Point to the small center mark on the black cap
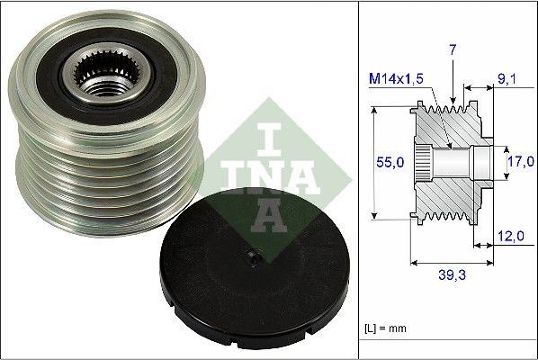255,259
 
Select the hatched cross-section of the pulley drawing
450,193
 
